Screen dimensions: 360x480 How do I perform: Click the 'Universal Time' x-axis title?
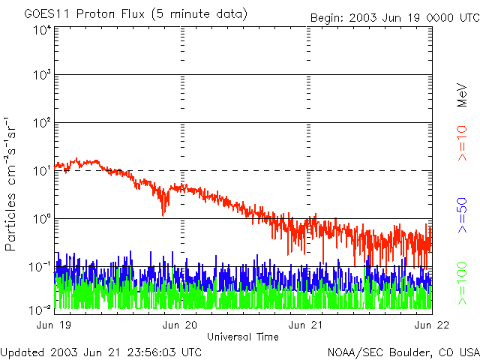[243, 337]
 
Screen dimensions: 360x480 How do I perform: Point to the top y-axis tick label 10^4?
[42, 28]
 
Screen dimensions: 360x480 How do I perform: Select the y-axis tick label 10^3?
[42, 76]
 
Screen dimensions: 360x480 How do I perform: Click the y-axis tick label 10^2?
[42, 123]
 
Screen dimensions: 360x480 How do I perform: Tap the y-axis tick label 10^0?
[42, 219]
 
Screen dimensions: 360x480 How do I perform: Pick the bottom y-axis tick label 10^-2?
[40, 309]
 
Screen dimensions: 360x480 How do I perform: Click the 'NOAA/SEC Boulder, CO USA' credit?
[403, 351]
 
